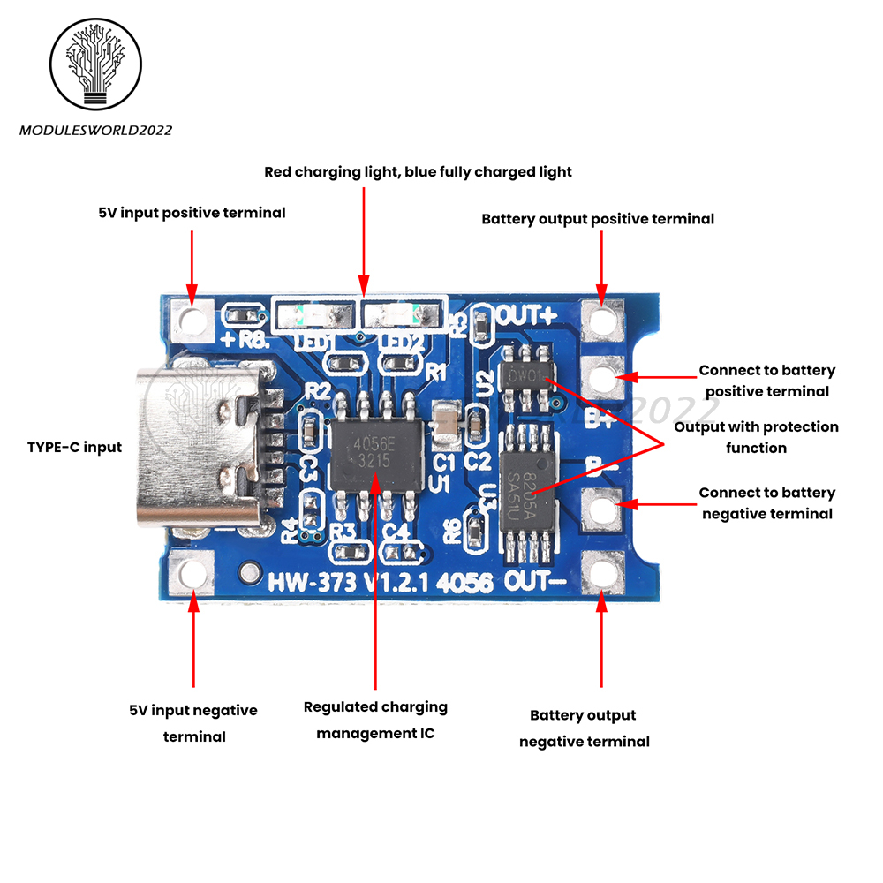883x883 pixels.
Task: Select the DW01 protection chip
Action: [x=526, y=376]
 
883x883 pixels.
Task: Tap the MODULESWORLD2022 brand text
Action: [x=95, y=131]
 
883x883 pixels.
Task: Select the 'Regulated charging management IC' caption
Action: [x=375, y=720]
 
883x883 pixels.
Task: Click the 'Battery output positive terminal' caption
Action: [x=598, y=218]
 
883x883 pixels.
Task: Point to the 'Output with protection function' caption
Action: [x=756, y=437]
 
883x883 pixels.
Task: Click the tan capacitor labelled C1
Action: [x=447, y=423]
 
